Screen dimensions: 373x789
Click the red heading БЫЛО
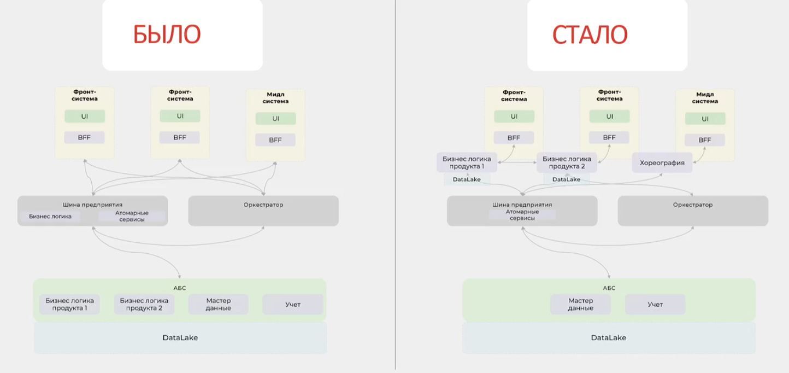pyautogui.click(x=167, y=34)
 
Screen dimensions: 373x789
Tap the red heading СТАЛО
pyautogui.click(x=590, y=34)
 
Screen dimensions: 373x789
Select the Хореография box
pyautogui.click(x=662, y=162)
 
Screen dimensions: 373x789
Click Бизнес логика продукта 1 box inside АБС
pyautogui.click(x=69, y=304)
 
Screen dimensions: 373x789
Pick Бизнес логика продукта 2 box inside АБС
pyautogui.click(x=144, y=304)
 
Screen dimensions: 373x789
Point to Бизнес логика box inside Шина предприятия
pyautogui.click(x=50, y=217)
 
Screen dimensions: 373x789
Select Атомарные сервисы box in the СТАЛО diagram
pyautogui.click(x=522, y=215)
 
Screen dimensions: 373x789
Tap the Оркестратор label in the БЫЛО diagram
pyautogui.click(x=263, y=205)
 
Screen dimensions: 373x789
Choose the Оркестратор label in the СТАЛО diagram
pyautogui.click(x=693, y=205)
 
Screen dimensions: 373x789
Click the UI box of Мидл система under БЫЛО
pyautogui.click(x=275, y=119)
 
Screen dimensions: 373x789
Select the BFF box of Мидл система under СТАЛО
pyautogui.click(x=705, y=140)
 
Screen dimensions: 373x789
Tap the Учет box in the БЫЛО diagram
pyautogui.click(x=293, y=304)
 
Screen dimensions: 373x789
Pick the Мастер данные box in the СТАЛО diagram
pyautogui.click(x=580, y=304)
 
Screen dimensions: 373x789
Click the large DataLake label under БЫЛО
pyautogui.click(x=180, y=337)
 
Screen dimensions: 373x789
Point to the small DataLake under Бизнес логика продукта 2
pyautogui.click(x=566, y=179)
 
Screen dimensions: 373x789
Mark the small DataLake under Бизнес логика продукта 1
pyautogui.click(x=467, y=179)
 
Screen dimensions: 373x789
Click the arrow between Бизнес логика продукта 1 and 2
pyautogui.click(x=517, y=162)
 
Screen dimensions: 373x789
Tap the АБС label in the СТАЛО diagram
pyautogui.click(x=609, y=288)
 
